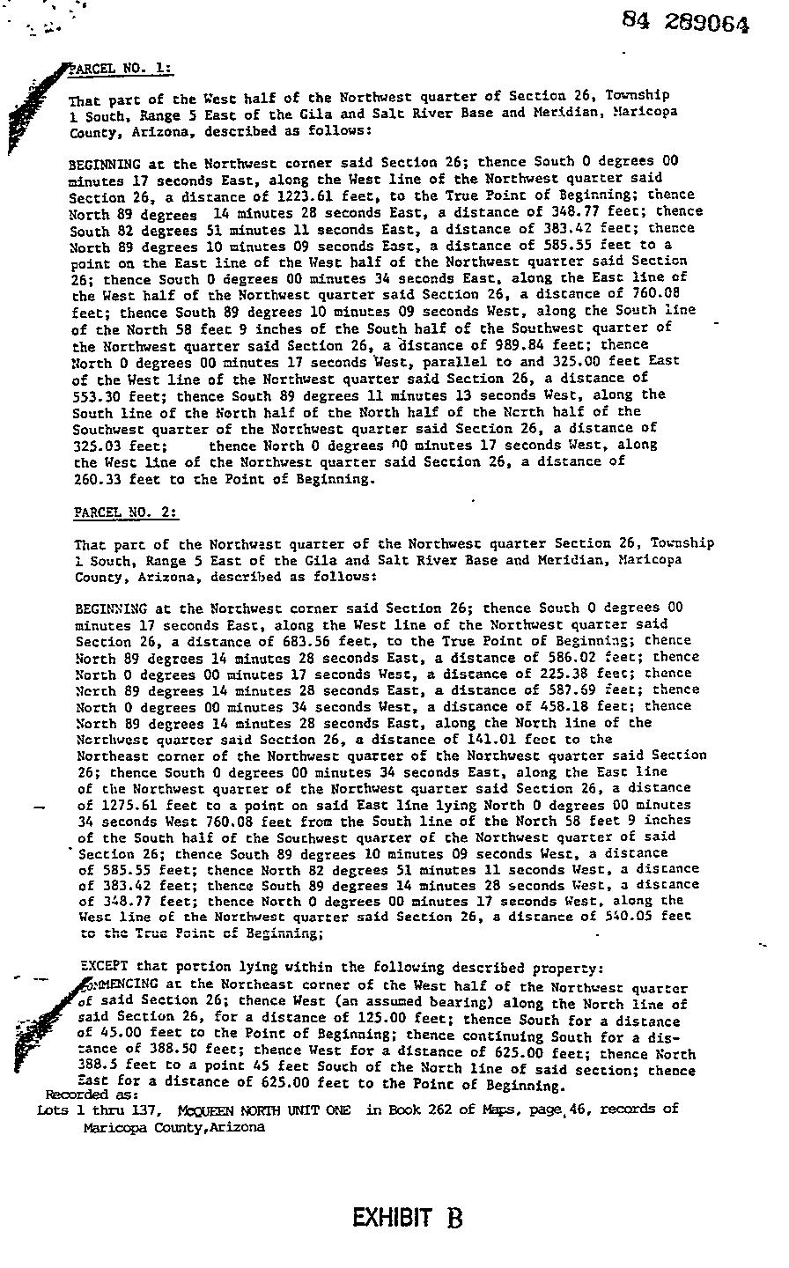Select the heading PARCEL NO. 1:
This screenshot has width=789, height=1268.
[123, 69]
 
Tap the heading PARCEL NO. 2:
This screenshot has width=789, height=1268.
[126, 512]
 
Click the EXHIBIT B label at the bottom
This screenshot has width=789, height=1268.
[407, 1218]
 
